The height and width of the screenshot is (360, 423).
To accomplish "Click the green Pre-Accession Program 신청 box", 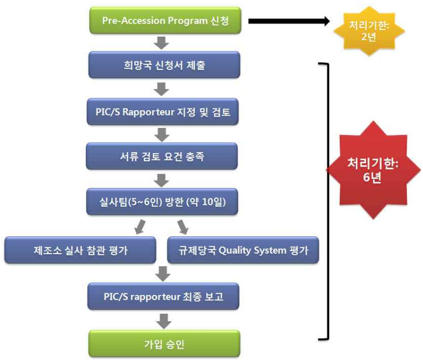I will (162, 21).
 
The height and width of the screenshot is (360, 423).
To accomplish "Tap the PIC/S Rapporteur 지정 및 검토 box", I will (162, 112).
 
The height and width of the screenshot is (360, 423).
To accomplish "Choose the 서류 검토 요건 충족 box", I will (162, 156).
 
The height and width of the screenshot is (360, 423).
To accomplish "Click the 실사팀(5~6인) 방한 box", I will (162, 201).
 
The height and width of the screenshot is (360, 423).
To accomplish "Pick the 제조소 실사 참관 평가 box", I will (80, 250).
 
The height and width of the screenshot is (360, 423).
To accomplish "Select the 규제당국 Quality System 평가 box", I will (243, 250).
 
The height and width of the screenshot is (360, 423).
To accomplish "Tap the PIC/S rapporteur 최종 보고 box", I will (162, 296).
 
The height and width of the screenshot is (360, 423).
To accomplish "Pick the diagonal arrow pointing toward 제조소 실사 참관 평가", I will (141, 226).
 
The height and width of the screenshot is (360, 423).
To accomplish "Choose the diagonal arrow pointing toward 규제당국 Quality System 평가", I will (183, 226).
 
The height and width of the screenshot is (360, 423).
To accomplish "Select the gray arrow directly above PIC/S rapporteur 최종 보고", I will (162, 274).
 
